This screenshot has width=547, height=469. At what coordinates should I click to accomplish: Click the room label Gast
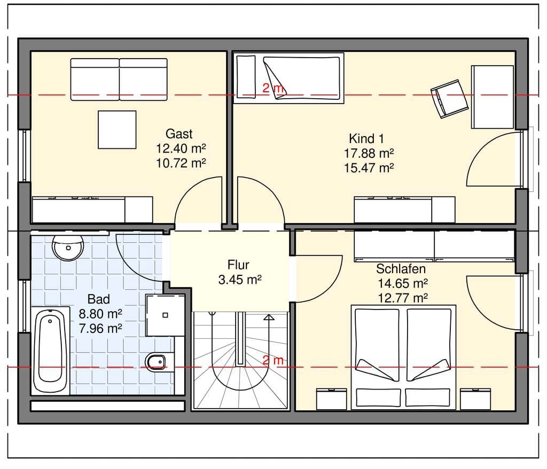(179, 134)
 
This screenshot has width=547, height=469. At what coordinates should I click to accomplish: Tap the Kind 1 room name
(366, 139)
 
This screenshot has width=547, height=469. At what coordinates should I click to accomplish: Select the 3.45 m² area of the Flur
(240, 280)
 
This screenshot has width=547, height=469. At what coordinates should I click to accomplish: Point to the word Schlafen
(401, 268)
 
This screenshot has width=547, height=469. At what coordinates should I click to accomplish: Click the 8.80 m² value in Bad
(100, 314)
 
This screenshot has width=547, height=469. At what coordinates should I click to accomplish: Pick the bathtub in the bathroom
(51, 351)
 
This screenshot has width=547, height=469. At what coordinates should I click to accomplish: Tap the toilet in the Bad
(159, 362)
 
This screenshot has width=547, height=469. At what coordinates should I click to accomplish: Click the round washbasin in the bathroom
(68, 247)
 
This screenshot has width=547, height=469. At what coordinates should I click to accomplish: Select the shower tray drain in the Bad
(166, 315)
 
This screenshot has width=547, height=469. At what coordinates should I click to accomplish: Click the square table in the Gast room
(117, 130)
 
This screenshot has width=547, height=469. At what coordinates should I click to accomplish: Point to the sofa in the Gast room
(119, 80)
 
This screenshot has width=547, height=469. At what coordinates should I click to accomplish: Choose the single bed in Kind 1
(288, 78)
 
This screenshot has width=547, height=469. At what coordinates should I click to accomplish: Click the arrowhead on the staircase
(269, 317)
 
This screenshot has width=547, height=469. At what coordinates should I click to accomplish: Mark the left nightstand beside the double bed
(331, 399)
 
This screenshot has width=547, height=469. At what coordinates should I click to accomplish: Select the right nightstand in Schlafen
(475, 399)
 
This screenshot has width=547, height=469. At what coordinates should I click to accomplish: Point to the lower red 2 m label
(273, 360)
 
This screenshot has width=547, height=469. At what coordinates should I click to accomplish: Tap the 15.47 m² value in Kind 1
(369, 168)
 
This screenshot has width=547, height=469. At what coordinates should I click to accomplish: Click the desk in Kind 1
(492, 97)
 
